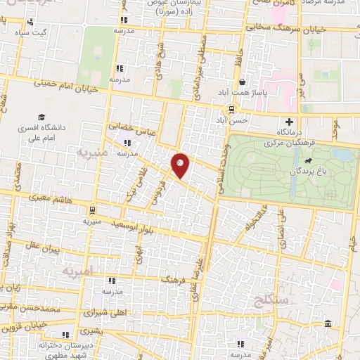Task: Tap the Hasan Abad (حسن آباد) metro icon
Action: pos(230,110)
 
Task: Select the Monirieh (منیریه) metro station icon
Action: pos(92,209)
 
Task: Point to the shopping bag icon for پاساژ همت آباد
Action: pos(240,82)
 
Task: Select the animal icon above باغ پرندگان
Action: pos(308,161)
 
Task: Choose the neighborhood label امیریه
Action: pos(77,270)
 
